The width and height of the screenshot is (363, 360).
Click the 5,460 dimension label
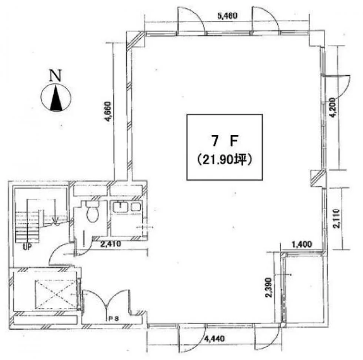227,16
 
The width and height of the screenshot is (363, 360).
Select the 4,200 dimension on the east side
333,108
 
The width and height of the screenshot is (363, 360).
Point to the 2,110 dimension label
336,219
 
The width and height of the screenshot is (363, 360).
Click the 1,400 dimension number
302,244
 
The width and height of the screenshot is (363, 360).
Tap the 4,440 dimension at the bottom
214,339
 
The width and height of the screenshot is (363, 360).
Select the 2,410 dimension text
111,244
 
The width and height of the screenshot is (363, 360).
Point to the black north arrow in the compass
56,98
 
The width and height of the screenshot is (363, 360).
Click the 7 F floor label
224,141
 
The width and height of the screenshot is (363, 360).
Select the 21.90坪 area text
224,160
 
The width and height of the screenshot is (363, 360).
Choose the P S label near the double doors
114,319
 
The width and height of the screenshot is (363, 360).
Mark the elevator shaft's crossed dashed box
56,294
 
